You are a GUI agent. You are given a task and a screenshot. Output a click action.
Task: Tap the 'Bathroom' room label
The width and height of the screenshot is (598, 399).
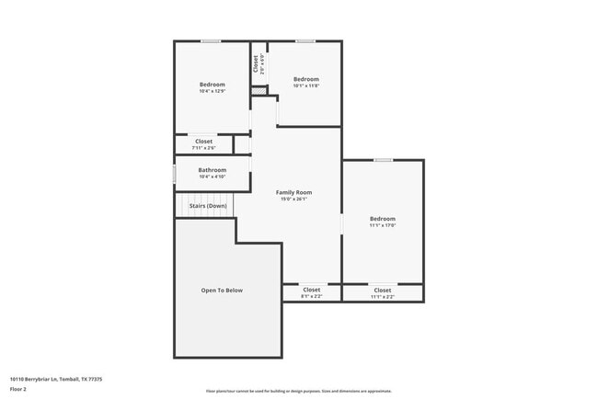(212, 169)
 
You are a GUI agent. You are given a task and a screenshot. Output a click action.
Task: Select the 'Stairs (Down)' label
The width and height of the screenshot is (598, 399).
(208, 206)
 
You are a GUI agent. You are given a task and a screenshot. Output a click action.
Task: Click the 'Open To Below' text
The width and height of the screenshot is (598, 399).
(222, 291)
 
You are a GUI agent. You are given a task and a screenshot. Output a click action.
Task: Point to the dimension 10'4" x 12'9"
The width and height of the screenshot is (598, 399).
(212, 91)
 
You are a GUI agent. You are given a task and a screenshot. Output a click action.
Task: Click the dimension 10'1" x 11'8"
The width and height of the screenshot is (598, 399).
(305, 85)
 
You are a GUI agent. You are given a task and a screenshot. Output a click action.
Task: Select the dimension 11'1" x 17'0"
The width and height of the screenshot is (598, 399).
(382, 225)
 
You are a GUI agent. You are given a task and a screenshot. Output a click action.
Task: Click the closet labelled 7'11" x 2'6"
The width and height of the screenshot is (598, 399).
(203, 147)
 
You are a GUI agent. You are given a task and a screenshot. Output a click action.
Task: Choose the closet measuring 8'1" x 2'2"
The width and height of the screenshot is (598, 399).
(311, 296)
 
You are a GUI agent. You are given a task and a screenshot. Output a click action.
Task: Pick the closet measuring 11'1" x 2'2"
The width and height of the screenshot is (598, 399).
(382, 296)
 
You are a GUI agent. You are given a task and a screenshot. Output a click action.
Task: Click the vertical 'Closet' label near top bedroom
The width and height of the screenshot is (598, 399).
(256, 63)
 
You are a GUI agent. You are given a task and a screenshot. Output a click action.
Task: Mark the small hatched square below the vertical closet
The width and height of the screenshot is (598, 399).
(259, 90)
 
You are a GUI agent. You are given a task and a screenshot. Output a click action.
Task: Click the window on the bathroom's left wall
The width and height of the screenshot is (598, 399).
(175, 173)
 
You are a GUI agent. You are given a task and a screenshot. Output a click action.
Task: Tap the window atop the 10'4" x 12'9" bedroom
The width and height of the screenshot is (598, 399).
(211, 40)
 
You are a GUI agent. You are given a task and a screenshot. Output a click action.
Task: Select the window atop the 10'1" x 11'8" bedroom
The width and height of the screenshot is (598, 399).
(305, 40)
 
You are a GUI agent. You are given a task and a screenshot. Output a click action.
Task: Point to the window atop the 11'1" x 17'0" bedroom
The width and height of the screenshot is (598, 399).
(383, 160)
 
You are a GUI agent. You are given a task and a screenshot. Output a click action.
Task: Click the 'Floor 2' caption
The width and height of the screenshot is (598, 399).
(18, 390)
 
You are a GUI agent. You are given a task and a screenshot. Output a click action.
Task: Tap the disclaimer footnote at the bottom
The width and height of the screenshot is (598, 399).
(298, 391)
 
